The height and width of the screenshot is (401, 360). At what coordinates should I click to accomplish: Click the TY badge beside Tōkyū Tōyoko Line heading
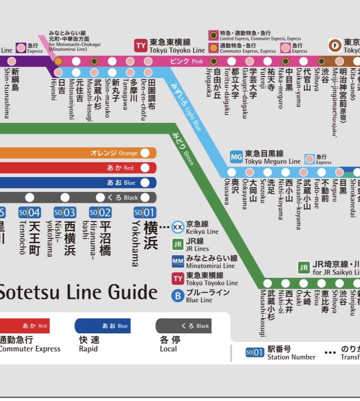[141, 46]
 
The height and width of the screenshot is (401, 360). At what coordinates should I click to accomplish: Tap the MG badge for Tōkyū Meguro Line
[236, 157]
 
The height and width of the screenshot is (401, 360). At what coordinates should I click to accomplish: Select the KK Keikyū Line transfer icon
[178, 227]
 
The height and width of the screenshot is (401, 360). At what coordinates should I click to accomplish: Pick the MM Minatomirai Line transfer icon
[178, 261]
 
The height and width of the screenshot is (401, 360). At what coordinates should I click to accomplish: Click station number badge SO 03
[65, 212]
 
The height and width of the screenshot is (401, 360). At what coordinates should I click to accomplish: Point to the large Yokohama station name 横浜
[150, 235]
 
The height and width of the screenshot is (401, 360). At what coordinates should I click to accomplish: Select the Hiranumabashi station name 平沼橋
[105, 238]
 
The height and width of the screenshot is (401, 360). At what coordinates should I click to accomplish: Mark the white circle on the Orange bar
[145, 153]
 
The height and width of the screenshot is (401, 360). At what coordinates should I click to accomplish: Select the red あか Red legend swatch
[24, 326]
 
